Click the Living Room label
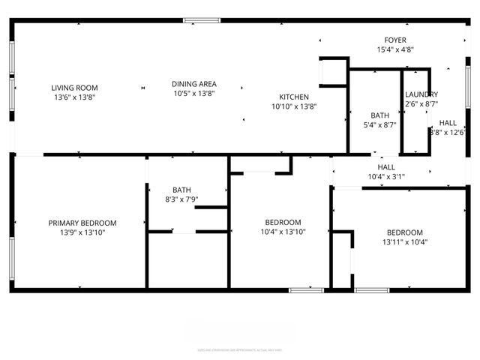74,88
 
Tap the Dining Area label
194,84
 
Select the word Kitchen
294,97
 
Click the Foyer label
395,40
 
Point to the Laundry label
421,94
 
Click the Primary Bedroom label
82,223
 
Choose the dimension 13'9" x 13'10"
82,232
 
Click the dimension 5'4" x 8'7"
379,125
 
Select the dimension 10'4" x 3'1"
386,177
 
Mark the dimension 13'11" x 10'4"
404,242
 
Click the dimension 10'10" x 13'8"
294,106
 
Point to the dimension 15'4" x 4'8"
395,49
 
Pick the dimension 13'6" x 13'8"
74,97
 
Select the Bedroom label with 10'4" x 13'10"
283,222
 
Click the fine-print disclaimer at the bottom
239,349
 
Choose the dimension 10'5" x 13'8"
194,94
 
